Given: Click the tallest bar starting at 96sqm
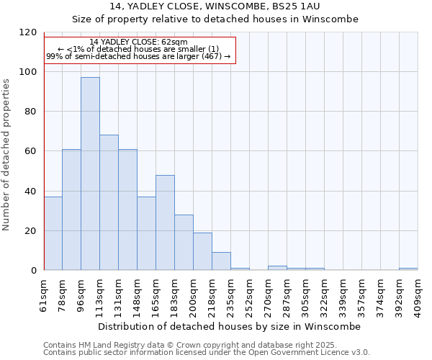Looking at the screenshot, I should (x=90, y=174).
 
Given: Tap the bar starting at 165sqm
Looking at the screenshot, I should (x=165, y=222).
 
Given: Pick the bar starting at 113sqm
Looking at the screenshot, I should (x=109, y=202).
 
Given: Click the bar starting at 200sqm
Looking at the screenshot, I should (x=202, y=251).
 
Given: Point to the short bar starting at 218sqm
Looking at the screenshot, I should (x=221, y=261).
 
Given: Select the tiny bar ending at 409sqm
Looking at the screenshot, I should (x=408, y=269).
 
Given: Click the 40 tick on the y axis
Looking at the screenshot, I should (x=32, y=192).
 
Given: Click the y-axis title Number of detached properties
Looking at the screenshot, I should (x=6, y=155).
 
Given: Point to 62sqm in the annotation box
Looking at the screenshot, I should (x=175, y=42).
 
